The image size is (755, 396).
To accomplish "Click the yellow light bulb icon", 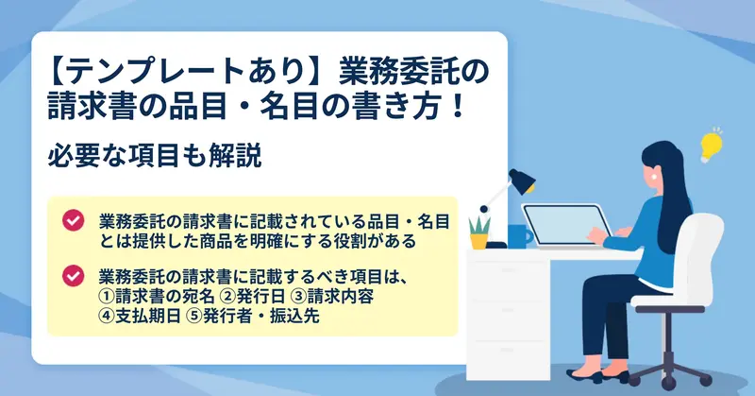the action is (712, 146).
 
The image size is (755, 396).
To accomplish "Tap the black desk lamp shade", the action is (523, 181).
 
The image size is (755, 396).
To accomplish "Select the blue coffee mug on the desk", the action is (520, 236).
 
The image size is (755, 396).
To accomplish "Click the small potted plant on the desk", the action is (479, 233).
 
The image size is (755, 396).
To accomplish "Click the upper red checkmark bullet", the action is (74, 220).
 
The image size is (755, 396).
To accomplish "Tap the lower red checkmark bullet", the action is (74, 276).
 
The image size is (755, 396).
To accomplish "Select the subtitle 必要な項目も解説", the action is (155, 155).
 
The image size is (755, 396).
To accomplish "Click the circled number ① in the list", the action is (107, 296).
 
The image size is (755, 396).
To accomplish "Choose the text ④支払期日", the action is (140, 316).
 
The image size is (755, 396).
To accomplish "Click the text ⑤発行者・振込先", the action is (252, 316).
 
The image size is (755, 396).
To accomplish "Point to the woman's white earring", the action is (654, 176).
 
